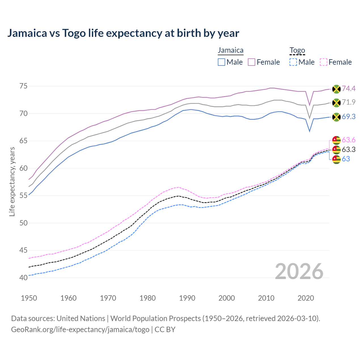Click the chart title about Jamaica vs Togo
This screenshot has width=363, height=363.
pos(123,33)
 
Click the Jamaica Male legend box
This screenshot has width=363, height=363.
pos(221,62)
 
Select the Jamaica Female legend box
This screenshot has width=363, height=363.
pos(252,62)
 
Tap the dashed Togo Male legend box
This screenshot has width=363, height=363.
pos(293,62)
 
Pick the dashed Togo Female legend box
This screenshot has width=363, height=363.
pos(323,62)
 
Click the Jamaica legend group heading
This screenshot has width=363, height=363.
pos(231,50)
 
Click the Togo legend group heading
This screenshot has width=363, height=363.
pos(297,50)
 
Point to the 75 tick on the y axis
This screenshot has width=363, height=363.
pos(23,86)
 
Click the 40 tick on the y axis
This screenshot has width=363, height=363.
pos(23,278)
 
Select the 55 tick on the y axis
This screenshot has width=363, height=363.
pos(23,196)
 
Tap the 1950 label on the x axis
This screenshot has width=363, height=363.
pos(29,298)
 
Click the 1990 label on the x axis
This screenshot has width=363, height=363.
pos(187,298)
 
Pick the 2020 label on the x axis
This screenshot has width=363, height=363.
pos(306,298)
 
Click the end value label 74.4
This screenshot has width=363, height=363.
pos(349,89)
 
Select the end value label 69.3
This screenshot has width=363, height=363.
pos(349,117)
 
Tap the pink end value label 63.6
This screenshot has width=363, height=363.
pos(349,140)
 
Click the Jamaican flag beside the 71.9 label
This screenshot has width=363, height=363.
pos(336,103)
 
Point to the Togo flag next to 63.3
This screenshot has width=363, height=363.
pos(336,149)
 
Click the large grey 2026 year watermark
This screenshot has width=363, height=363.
pos(299,271)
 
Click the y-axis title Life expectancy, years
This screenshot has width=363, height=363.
pos(12,181)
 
